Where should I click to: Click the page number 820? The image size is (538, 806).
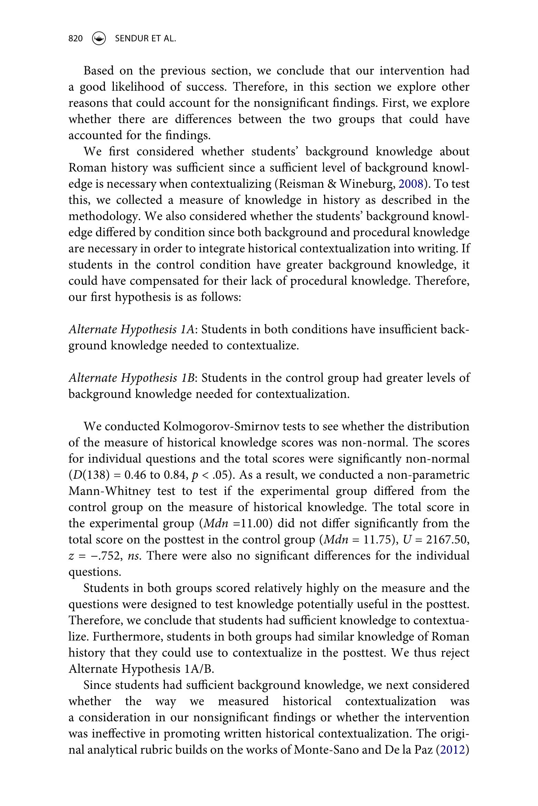pyautogui.click(x=76, y=39)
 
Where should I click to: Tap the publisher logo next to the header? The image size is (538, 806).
pyautogui.click(x=99, y=38)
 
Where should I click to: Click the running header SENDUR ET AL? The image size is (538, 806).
pyautogui.click(x=145, y=39)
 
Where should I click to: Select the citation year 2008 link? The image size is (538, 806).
pyautogui.click(x=410, y=184)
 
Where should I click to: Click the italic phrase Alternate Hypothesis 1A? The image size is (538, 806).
pyautogui.click(x=132, y=330)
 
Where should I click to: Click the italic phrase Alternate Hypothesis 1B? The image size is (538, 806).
pyautogui.click(x=132, y=378)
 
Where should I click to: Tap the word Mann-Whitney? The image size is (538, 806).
pyautogui.click(x=109, y=491)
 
